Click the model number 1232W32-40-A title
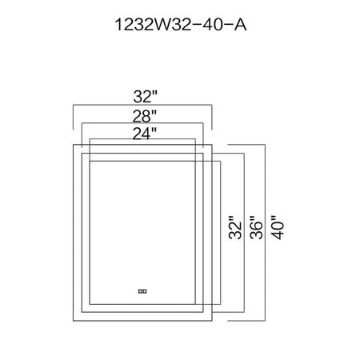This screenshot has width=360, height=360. [180, 25]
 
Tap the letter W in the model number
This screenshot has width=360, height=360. [162, 25]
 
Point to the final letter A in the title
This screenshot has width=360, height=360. [240, 25]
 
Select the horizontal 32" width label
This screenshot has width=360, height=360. [146, 97]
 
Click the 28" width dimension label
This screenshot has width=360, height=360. [145, 116]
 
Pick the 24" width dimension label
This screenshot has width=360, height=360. [145, 134]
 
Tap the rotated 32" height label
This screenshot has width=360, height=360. [235, 227]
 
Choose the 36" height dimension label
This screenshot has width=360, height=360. [256, 227]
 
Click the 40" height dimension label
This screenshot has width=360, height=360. [278, 227]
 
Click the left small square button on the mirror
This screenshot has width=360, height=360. [140, 291]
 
